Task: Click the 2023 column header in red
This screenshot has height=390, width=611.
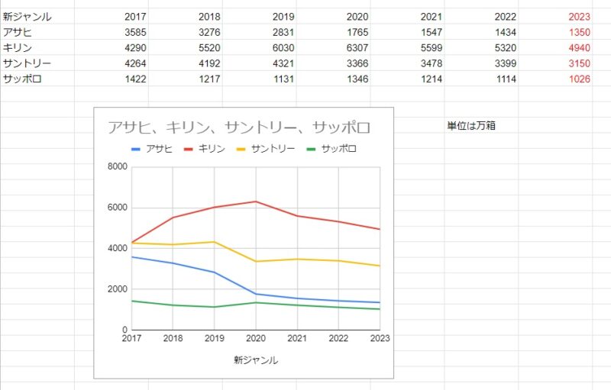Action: coord(579,17)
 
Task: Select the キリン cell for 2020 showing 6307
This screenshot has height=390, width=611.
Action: coord(357,47)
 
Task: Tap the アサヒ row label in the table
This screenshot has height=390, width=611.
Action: coord(17,32)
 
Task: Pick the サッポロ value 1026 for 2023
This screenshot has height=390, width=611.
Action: coord(579,79)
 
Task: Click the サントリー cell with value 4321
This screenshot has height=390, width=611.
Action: coord(283,63)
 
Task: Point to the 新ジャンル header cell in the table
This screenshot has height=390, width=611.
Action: coord(27,17)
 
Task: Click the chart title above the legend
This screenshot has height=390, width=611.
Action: coord(238,127)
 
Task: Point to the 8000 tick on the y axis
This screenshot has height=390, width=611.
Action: coord(117,167)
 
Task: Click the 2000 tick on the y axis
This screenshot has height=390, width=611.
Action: coord(117,289)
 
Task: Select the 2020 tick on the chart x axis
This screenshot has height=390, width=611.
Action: coord(256,338)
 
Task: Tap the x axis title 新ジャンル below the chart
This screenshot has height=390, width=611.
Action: coord(256,359)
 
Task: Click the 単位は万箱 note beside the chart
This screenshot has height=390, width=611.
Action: coord(471,126)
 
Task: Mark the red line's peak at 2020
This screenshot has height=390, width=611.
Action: coord(256,201)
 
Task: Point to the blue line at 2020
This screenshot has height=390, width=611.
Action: coord(256,294)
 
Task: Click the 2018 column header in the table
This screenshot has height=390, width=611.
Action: coord(209,17)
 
